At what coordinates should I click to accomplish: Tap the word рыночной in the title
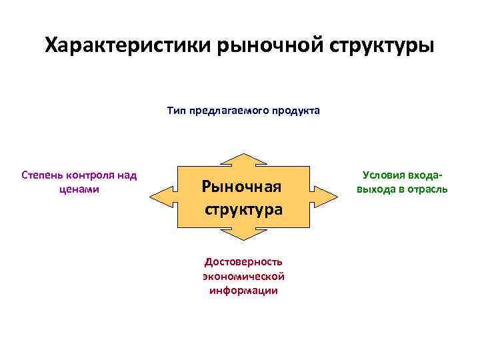point(258,46)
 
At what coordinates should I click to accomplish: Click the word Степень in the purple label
point(43,175)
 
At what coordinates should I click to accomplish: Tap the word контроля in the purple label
point(91,175)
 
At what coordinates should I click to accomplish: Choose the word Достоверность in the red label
point(243,261)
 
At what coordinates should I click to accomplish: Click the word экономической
point(243,276)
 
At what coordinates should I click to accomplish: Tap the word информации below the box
point(243,291)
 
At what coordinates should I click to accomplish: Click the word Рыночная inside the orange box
point(243,186)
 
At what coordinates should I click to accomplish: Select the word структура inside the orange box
point(243,209)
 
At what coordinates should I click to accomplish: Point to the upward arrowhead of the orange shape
point(243,159)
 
